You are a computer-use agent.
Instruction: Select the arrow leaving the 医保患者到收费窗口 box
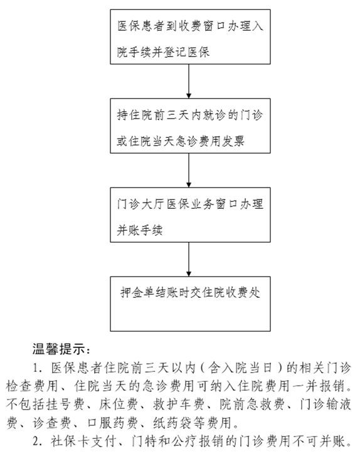[189, 82]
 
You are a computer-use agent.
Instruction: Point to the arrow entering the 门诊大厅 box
[189, 171]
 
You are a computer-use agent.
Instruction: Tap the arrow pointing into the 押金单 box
[189, 260]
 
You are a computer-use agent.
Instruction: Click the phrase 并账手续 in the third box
[140, 231]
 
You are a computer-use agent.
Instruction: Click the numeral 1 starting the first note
[36, 368]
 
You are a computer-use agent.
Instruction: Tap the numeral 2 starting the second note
[36, 442]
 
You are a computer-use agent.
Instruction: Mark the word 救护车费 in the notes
[179, 404]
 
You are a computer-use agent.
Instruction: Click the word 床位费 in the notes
[118, 404]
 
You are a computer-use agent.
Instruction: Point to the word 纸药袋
[172, 423]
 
